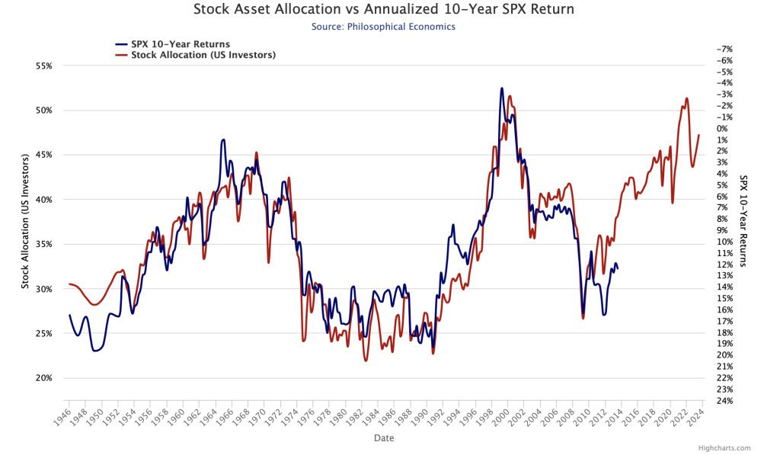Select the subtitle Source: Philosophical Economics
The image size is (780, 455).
click(383, 27)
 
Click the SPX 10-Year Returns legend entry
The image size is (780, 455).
click(179, 44)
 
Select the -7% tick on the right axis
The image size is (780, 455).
click(724, 49)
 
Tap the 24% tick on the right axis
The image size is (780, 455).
click(724, 400)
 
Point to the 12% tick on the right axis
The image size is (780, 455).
click(724, 264)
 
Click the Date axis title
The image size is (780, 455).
click(384, 438)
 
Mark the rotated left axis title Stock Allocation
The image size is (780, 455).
click(25, 222)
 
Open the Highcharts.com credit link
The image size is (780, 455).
click(728, 448)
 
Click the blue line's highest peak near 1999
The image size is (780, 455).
click(501, 88)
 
